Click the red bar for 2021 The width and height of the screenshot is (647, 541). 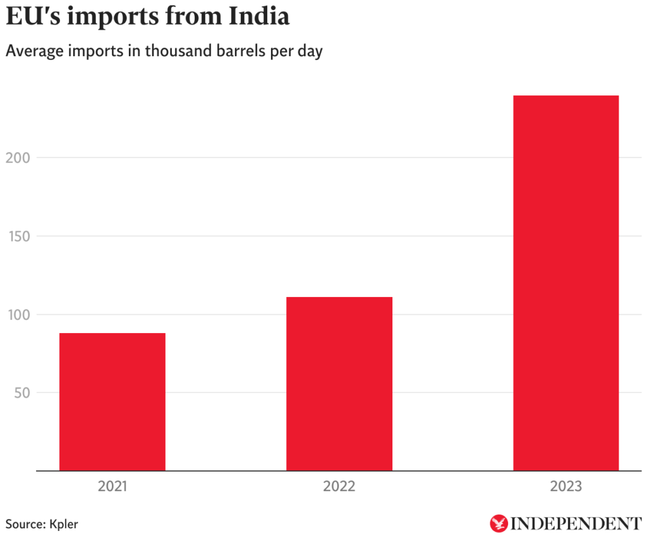112,402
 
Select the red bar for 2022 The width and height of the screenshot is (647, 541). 339,384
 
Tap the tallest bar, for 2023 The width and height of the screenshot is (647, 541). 565,283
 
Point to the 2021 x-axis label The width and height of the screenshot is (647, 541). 112,487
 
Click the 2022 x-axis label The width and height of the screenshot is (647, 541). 339,487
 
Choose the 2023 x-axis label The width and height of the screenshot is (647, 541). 565,487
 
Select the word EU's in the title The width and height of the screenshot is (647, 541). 32,17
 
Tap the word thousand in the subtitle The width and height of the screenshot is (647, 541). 174,51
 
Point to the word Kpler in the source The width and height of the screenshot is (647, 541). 63,524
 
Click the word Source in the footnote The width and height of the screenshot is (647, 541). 24,524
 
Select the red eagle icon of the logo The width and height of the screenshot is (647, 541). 499,523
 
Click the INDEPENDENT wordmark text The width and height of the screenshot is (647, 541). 576,524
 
